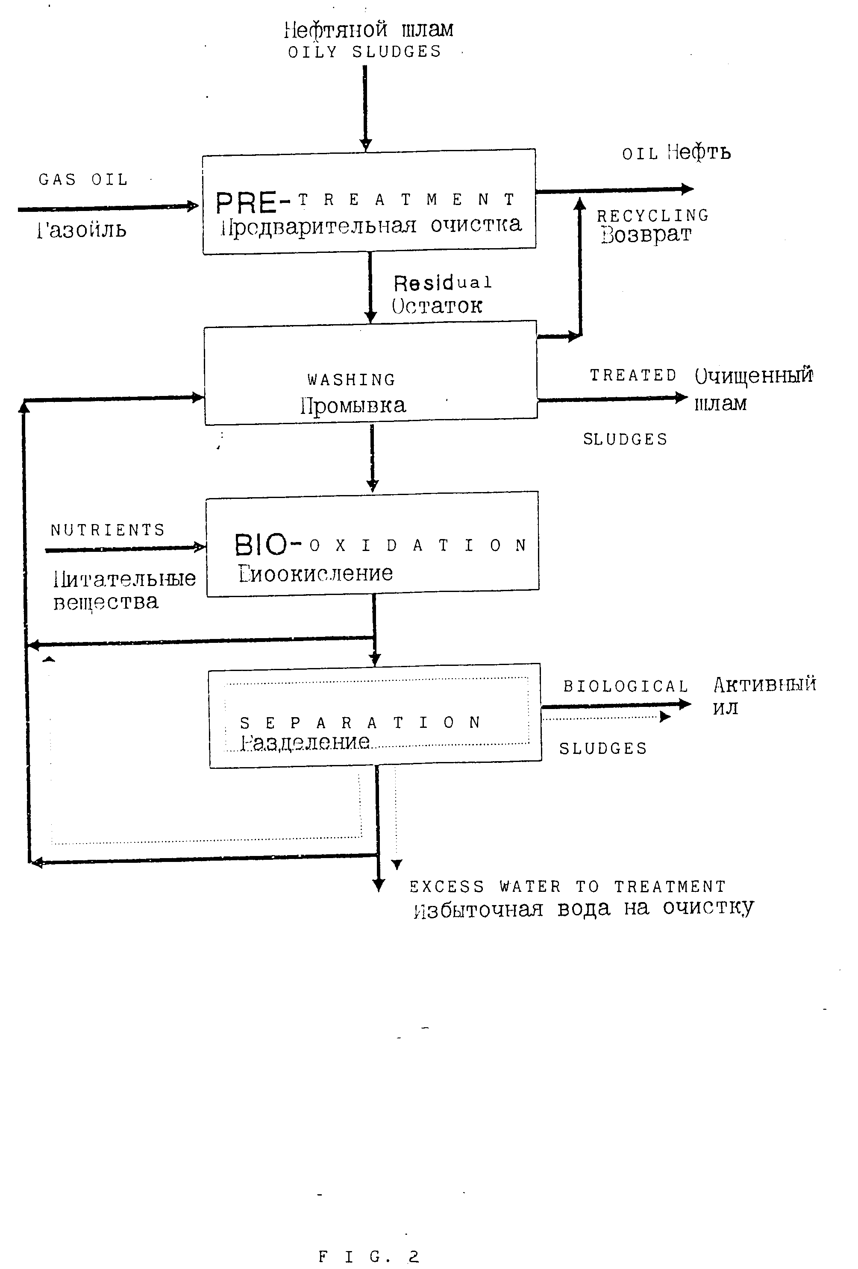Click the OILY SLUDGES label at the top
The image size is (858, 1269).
[x=364, y=52]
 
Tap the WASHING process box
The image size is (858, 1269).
[x=370, y=373]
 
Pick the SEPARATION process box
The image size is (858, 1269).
[x=375, y=715]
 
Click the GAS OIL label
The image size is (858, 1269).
[x=83, y=180]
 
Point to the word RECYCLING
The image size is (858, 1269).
[x=652, y=216]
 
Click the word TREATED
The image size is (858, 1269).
[x=633, y=376]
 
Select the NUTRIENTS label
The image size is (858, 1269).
[x=108, y=530]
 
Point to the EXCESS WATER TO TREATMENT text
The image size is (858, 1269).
[x=567, y=886]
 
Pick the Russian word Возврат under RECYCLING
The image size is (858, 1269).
[x=646, y=235]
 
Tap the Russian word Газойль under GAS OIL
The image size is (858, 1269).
[x=82, y=230]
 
